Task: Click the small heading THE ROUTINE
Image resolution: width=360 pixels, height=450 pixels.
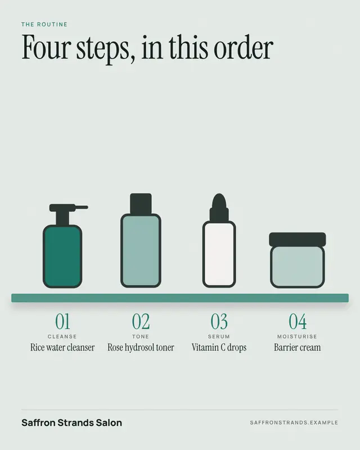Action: coord(44,24)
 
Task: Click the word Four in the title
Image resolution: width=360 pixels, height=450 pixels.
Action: coord(46,47)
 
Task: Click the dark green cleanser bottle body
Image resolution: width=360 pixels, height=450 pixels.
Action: coord(62,256)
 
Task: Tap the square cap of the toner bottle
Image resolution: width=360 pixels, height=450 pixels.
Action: coord(141,204)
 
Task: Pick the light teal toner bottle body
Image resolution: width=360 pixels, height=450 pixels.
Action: coord(141,250)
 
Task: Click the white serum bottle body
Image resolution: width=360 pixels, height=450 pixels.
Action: coord(219,254)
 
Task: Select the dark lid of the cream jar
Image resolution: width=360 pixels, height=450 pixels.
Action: coord(298,240)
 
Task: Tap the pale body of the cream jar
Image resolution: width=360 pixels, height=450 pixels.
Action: coord(298,267)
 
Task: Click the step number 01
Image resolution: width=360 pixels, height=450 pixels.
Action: coord(62,321)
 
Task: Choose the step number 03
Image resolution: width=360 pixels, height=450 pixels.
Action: coord(219,321)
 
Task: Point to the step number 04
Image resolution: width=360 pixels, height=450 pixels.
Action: coord(298,321)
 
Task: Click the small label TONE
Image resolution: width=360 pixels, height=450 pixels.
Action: coord(141,336)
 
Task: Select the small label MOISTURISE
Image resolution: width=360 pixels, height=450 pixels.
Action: coord(297,336)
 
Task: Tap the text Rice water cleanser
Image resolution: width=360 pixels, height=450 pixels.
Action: coord(62,348)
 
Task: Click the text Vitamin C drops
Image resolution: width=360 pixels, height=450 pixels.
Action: coord(219,348)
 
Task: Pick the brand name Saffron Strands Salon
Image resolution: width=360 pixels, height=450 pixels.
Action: coord(72,423)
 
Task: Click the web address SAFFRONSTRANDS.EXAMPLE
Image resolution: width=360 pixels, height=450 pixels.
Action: coord(294,423)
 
